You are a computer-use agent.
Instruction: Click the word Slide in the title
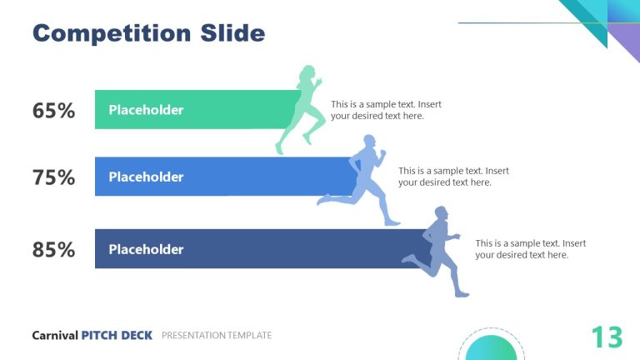tap(232, 33)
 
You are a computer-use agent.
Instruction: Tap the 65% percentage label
tap(54, 110)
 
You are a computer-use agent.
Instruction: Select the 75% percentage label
tap(54, 177)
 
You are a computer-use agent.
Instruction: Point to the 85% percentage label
tap(54, 249)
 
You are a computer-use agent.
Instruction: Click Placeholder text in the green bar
tap(146, 110)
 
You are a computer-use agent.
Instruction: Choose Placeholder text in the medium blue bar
tap(146, 177)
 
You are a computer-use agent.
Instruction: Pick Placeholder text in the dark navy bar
tap(146, 249)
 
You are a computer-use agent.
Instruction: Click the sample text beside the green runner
tap(386, 110)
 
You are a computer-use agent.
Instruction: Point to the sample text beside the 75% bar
tap(453, 177)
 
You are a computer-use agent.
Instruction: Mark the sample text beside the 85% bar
tap(530, 249)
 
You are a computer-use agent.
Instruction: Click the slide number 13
tap(607, 337)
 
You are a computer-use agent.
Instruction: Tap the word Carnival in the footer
tap(55, 335)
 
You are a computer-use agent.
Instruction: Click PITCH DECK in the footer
tap(117, 335)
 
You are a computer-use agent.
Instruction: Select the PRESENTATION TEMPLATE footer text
tap(217, 335)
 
